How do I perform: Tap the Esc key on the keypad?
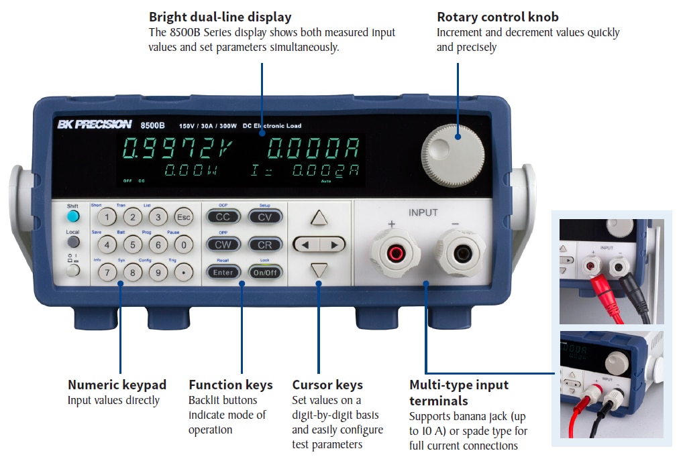click(x=183, y=216)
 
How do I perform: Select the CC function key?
click(x=223, y=216)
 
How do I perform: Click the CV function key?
click(x=265, y=216)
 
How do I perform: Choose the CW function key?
click(x=223, y=245)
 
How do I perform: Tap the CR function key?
click(x=265, y=245)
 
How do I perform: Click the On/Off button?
click(x=265, y=273)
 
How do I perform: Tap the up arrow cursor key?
click(x=319, y=218)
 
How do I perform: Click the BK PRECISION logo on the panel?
click(x=94, y=124)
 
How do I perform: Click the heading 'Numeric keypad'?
click(x=117, y=385)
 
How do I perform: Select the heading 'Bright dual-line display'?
click(x=220, y=17)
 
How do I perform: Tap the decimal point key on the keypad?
click(x=183, y=273)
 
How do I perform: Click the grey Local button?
click(x=73, y=242)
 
